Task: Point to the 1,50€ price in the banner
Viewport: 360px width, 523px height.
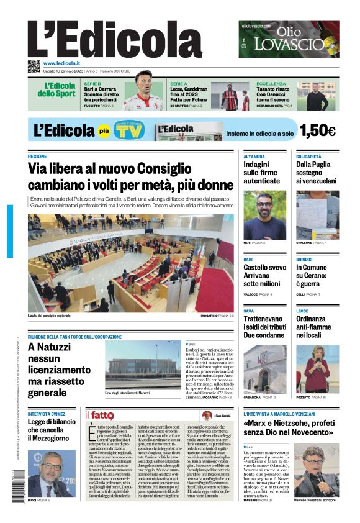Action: click(x=317, y=130)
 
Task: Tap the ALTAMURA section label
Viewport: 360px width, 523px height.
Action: click(x=254, y=157)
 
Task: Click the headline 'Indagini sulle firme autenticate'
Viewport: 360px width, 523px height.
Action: click(x=262, y=173)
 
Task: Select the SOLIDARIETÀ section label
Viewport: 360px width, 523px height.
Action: click(x=308, y=157)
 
